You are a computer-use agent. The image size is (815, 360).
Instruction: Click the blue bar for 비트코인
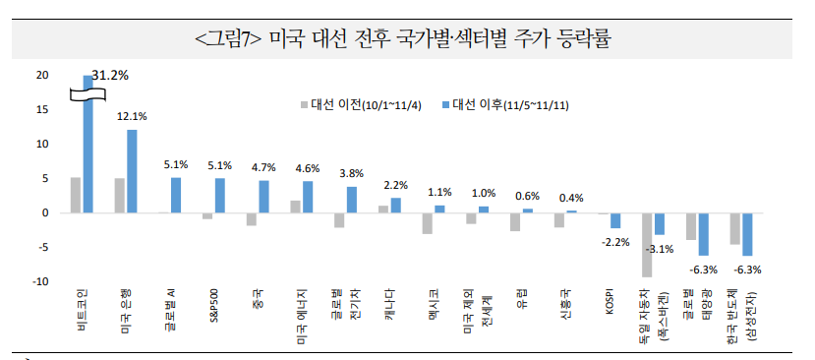pos(88,144)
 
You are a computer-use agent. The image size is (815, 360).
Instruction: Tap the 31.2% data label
pos(110,75)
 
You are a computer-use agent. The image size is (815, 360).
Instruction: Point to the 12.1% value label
pos(132,116)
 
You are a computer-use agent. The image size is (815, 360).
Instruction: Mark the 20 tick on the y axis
pos(40,76)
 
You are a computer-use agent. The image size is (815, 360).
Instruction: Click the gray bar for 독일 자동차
pos(647,245)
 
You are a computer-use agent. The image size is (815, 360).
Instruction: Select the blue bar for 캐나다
pos(395,206)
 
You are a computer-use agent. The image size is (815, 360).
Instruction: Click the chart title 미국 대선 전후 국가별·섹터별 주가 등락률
pos(403,39)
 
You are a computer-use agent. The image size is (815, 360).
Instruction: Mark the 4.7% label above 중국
pos(263,167)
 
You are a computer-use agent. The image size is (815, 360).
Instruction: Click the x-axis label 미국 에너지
pos(305,314)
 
